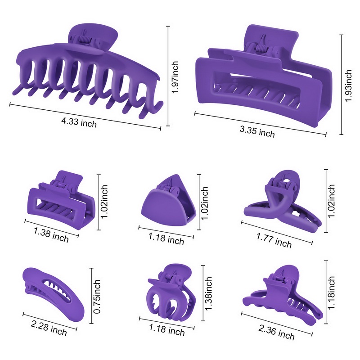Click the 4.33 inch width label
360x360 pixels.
coord(79,121)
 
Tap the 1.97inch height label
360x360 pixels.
coord(175,77)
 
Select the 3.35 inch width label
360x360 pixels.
coord(257,132)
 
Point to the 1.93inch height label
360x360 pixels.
coord(348,85)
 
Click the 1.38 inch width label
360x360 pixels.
coord(51,234)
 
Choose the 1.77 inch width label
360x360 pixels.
coord(274,240)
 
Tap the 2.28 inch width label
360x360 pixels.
coord(49,328)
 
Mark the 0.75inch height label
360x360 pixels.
coord(97,297)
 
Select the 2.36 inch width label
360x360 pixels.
coord(276,332)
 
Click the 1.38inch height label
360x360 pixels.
coord(208,294)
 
